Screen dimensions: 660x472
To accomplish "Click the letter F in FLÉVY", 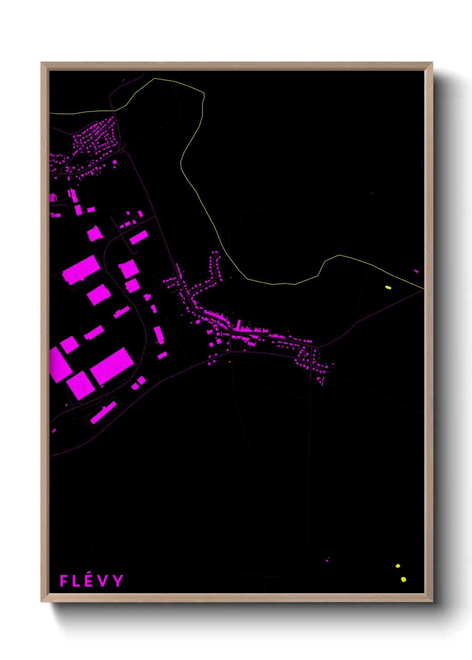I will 64,581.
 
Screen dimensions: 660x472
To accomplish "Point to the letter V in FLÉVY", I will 103,581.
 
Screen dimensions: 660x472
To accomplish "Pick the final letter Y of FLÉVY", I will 117,581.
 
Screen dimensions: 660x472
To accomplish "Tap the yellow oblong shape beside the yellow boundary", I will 388,288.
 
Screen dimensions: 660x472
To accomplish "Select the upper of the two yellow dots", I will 398,566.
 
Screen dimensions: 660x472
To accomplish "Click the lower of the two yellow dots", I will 403,579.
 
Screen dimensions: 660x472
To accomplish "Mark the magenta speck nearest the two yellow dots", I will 327,560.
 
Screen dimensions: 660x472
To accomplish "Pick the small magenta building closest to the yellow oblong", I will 416,271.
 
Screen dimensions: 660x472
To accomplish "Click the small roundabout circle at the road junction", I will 120,151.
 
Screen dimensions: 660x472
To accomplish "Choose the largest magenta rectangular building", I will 112,366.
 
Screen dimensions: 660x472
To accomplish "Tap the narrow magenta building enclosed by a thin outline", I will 104,412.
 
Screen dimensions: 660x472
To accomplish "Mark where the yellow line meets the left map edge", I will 50,113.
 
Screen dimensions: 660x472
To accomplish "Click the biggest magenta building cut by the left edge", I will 59,365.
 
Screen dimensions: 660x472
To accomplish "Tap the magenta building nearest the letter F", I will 54,431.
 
